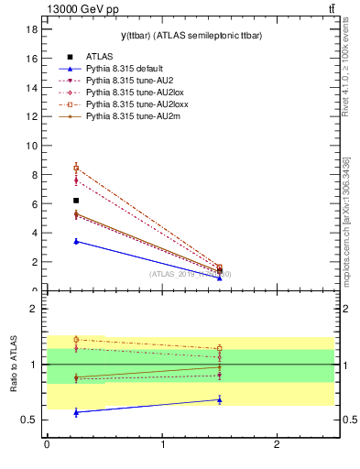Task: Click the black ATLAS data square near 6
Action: [x=76, y=201]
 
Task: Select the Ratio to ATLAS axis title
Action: [x=14, y=365]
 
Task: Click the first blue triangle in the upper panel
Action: [x=76, y=241]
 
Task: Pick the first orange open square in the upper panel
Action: [x=76, y=168]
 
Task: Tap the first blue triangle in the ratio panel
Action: [x=76, y=412]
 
